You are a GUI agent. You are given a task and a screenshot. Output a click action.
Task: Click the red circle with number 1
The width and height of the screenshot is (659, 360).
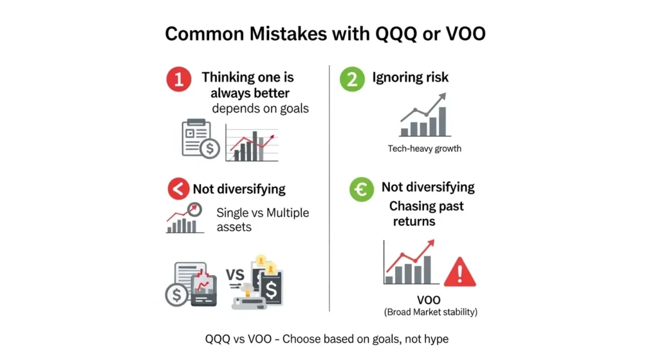click(x=179, y=80)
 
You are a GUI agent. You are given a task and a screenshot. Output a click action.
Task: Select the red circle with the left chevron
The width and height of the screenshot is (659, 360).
click(x=178, y=189)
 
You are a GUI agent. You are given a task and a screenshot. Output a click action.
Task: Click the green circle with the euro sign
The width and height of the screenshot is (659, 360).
click(x=362, y=189)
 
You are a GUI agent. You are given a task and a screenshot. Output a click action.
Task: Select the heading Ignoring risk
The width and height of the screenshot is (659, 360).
click(x=411, y=78)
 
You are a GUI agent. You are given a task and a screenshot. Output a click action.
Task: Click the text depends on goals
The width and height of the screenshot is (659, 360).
click(x=260, y=108)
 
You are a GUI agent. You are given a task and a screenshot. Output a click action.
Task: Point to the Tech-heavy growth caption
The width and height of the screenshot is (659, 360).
click(x=424, y=149)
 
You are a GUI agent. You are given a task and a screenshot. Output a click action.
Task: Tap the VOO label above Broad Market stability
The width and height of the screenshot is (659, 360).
click(x=429, y=300)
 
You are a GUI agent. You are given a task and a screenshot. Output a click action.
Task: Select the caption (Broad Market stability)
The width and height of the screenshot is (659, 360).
click(x=431, y=312)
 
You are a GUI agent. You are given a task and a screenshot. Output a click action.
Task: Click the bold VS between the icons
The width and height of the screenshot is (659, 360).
click(x=235, y=276)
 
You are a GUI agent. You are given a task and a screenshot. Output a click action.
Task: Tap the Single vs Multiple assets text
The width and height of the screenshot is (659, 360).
click(x=262, y=219)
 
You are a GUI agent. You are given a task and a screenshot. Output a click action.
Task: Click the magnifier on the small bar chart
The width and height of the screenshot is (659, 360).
click(x=193, y=209)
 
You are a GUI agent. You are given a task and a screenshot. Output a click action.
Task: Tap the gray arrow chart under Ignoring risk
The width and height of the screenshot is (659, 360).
click(x=423, y=116)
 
